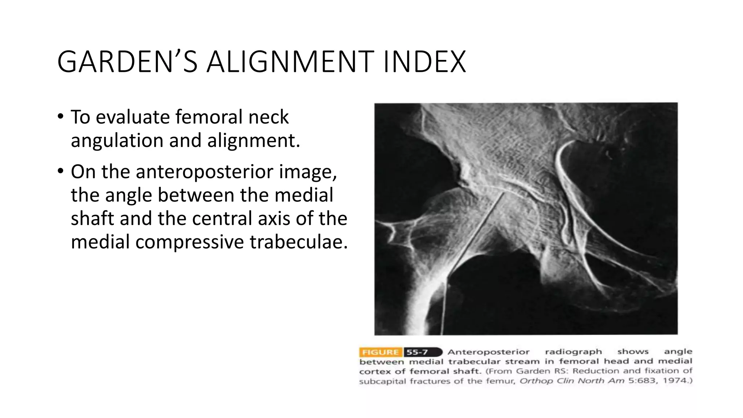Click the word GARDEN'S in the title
[127, 62]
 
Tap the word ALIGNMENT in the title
[291, 62]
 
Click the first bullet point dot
[60, 117]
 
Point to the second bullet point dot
[60, 171]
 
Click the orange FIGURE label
[380, 352]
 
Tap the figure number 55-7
[417, 352]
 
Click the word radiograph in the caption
[573, 352]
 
